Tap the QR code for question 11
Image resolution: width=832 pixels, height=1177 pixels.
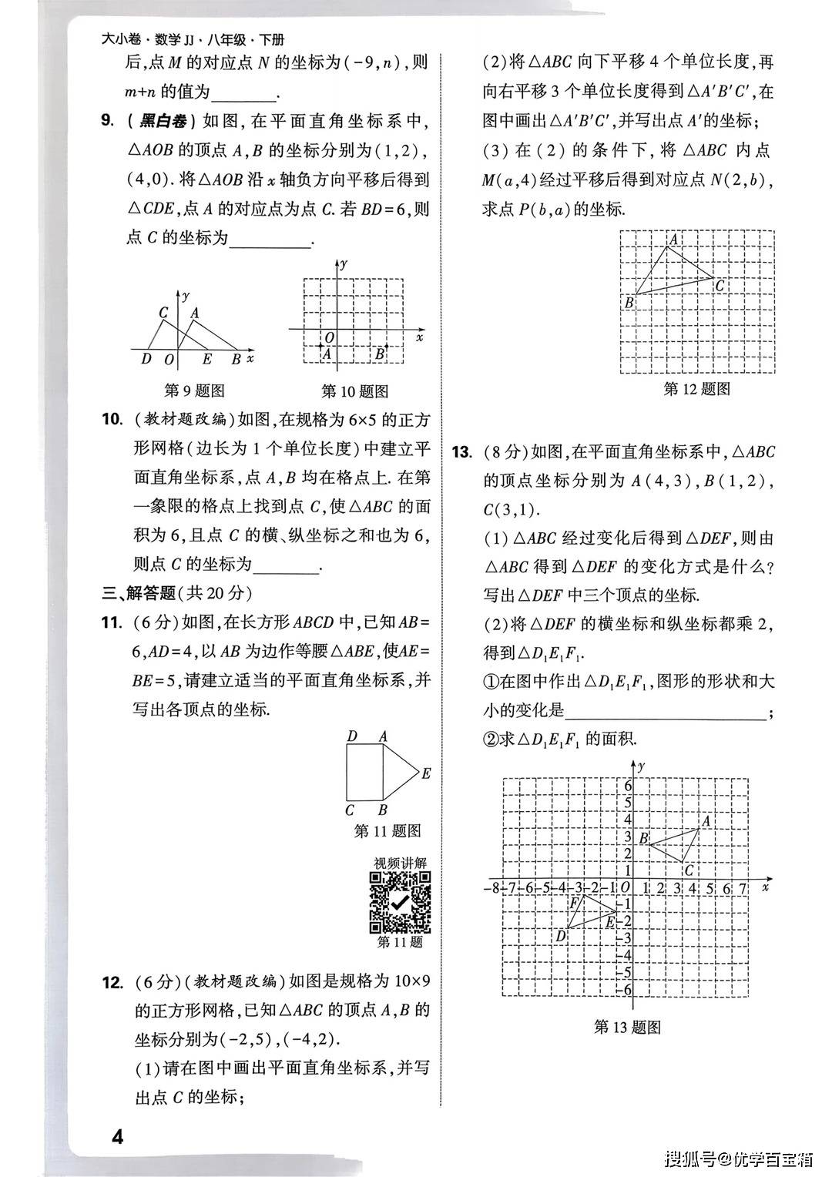click(400, 902)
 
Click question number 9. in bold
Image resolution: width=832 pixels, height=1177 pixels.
click(108, 120)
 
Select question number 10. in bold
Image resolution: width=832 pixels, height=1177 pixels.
click(112, 419)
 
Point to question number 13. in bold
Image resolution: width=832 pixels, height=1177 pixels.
click(462, 452)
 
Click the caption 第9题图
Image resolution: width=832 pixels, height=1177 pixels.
click(195, 391)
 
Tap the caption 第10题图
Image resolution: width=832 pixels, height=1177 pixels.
click(354, 391)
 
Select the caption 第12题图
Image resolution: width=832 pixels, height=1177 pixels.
click(696, 389)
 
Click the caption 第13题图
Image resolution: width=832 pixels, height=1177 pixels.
click(628, 1027)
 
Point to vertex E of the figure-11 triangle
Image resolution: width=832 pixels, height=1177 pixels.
click(426, 773)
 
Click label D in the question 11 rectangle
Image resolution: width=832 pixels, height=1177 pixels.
click(352, 736)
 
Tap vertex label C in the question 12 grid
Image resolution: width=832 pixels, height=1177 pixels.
click(720, 287)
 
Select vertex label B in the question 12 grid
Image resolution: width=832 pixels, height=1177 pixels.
click(629, 303)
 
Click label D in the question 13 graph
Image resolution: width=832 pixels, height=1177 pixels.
click(561, 935)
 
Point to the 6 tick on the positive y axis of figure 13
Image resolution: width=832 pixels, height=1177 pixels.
click(628, 786)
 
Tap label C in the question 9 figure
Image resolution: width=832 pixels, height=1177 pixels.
click(163, 313)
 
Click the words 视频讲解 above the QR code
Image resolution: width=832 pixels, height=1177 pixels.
click(400, 863)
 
